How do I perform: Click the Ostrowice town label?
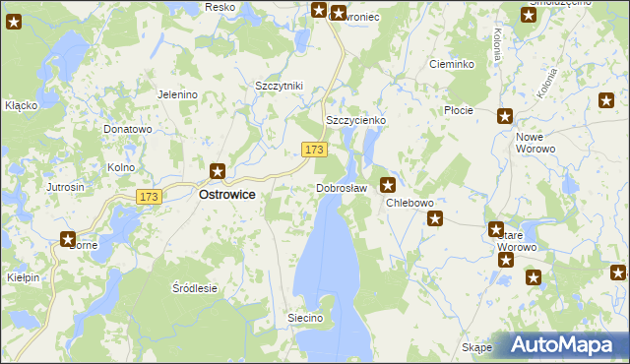click(x=227, y=195)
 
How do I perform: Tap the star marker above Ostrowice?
click(x=218, y=171)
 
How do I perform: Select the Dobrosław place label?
click(x=342, y=188)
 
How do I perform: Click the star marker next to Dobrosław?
click(x=389, y=183)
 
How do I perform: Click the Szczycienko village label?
click(x=355, y=120)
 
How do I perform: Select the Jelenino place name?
click(x=178, y=94)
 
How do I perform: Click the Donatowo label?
click(x=128, y=129)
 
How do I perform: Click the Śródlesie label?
click(x=194, y=288)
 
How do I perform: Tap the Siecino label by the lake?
click(x=305, y=318)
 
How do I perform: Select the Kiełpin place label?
click(x=21, y=278)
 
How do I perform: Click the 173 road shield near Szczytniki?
click(x=314, y=149)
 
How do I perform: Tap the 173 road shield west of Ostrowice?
click(x=149, y=197)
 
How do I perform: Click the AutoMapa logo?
click(x=565, y=345)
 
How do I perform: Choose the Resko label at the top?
click(x=219, y=7)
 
